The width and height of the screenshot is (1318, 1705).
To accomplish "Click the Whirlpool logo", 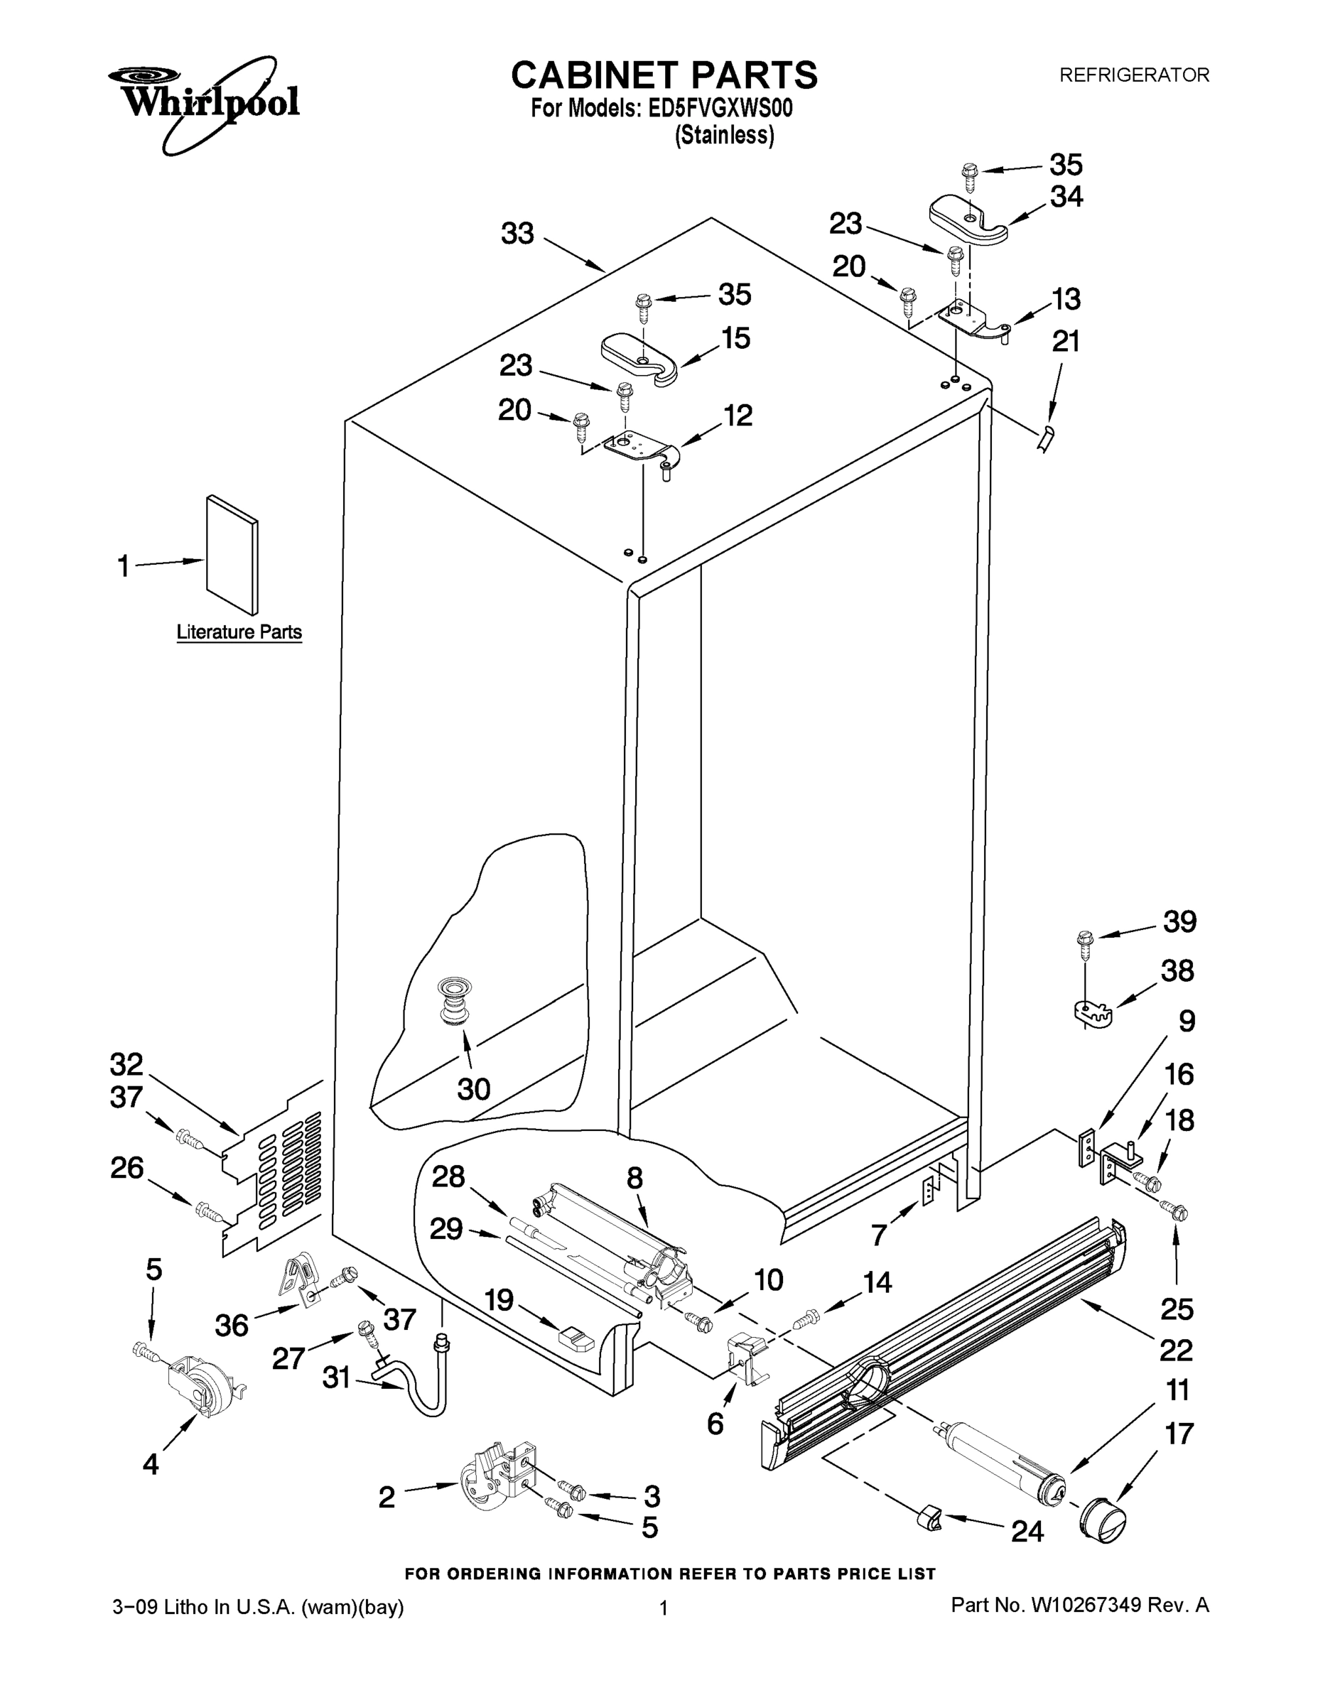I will [x=205, y=99].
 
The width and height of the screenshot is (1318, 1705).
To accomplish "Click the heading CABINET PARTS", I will [x=664, y=76].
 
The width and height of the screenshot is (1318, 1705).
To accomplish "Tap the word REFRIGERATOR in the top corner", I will [x=1134, y=75].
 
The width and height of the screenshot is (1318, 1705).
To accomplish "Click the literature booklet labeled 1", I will [x=232, y=553].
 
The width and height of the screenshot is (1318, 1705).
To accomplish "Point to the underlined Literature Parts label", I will [x=239, y=632].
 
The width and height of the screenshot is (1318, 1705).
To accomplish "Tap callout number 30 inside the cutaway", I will [x=473, y=1088].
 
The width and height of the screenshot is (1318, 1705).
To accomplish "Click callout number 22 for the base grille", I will [x=1176, y=1350].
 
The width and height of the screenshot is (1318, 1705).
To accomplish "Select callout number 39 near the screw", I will [x=1179, y=921].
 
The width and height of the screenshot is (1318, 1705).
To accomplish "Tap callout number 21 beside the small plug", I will [x=1066, y=341].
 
